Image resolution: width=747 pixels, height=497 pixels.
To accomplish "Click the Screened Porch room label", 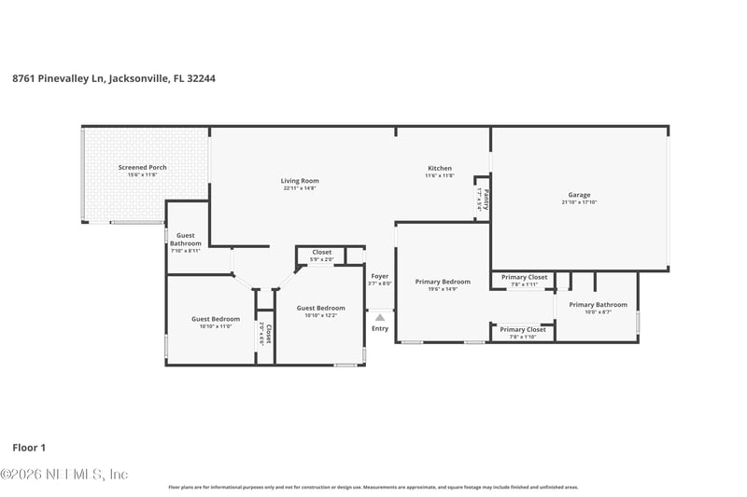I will point(143,167).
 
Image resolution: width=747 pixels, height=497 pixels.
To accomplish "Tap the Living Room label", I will point(300,181).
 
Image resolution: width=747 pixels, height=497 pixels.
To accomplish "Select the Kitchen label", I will point(439,168).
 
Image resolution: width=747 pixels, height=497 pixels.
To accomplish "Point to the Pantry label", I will point(486,199).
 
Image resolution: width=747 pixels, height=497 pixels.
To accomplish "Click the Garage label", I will point(579,195).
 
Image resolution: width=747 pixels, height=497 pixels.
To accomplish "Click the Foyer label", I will point(379,276).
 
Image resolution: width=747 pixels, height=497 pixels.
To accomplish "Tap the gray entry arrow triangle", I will point(379,317).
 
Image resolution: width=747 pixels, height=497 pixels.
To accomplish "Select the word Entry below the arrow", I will point(379,328).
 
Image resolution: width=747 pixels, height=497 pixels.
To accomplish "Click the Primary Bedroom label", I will point(443,282).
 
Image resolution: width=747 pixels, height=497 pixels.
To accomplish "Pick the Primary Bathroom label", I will point(598,305).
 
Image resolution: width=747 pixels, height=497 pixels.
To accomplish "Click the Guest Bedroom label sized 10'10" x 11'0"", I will point(216,319).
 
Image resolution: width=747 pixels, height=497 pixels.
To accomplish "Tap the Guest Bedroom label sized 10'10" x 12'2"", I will point(320,308).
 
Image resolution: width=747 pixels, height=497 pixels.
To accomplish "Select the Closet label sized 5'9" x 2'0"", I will point(321,252).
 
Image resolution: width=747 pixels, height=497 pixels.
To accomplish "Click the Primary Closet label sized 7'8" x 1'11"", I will point(524,277).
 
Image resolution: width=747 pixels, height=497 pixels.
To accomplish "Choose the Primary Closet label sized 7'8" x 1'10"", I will point(523,329).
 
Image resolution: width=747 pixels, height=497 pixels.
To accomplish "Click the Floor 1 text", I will point(29,448).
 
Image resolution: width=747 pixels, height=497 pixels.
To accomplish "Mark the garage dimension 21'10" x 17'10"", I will point(579,202).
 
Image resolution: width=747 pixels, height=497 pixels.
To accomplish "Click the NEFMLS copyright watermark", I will point(63,475).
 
